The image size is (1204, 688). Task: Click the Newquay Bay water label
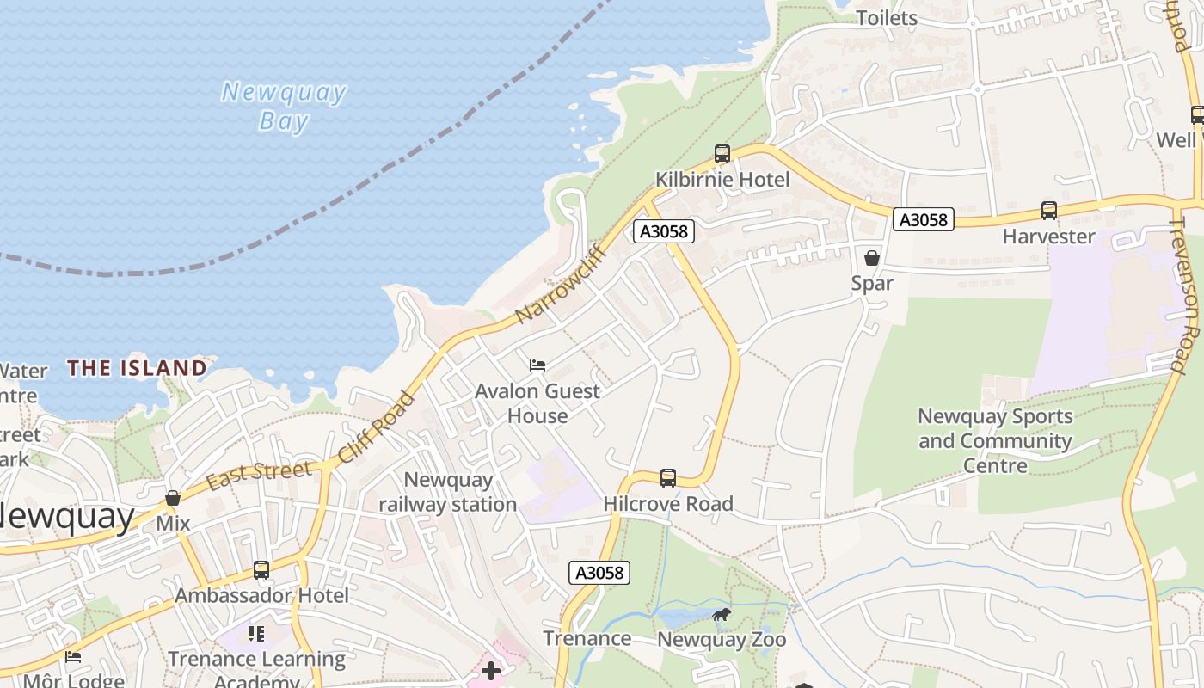[284, 106]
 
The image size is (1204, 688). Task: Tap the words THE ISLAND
[138, 368]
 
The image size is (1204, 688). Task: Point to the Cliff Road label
[378, 427]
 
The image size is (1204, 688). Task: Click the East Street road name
[259, 474]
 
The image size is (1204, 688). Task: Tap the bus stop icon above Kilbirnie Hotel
[722, 154]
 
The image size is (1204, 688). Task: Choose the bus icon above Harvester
[1049, 210]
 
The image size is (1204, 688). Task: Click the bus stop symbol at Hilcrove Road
[668, 478]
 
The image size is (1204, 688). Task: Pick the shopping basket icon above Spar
[872, 257]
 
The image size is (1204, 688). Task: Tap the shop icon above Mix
[173, 498]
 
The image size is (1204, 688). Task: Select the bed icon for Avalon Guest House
[537, 365]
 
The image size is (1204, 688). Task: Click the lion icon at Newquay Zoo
[722, 614]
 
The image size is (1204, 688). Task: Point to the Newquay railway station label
[448, 492]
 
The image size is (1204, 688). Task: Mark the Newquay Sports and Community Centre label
[995, 440]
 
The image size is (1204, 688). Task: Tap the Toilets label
[887, 18]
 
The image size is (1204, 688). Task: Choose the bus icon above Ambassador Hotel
[261, 570]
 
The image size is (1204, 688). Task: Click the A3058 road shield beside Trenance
[599, 573]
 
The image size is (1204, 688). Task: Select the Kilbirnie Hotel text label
[722, 180]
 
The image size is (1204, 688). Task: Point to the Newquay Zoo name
[722, 640]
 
